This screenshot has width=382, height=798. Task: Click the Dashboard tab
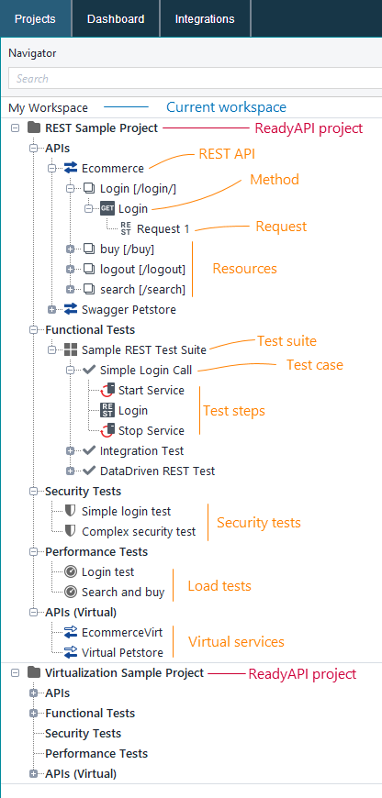point(115,18)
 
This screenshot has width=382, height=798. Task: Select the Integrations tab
point(205,18)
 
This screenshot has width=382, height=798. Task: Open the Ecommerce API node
point(112,168)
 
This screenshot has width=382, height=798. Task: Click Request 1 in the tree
point(163,228)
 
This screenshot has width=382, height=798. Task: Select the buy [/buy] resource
point(127,249)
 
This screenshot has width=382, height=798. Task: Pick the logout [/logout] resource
point(142,269)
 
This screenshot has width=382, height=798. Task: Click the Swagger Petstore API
point(129,309)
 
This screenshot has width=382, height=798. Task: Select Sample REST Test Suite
point(143,349)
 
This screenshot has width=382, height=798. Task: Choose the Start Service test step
point(152,390)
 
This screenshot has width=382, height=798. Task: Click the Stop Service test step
point(152,430)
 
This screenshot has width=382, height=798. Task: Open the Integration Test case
point(141,450)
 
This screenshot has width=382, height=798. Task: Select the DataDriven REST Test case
point(157,471)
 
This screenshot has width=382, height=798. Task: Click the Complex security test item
point(138,531)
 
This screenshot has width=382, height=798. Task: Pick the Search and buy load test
point(123,592)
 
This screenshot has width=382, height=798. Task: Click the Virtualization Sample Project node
point(124,672)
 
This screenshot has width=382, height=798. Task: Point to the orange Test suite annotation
point(286,341)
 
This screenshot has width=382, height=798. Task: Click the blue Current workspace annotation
point(226,107)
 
